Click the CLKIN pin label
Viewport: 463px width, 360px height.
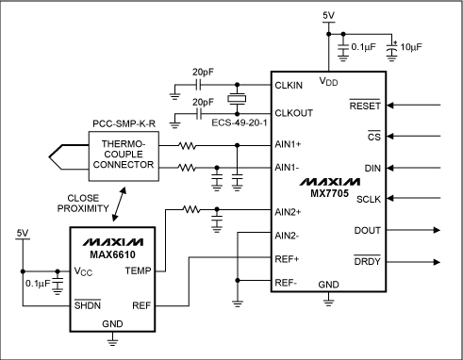pos(288,84)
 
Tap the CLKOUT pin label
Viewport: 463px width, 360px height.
pos(291,110)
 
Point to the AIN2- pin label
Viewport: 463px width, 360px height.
pos(287,235)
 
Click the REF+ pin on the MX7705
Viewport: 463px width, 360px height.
pos(287,257)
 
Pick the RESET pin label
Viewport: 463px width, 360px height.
pos(364,106)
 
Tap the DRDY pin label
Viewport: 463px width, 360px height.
pos(366,260)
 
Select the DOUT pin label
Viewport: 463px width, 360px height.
pos(366,229)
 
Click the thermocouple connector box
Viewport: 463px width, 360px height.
pos(122,155)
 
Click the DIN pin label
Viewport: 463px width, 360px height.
pos(372,168)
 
